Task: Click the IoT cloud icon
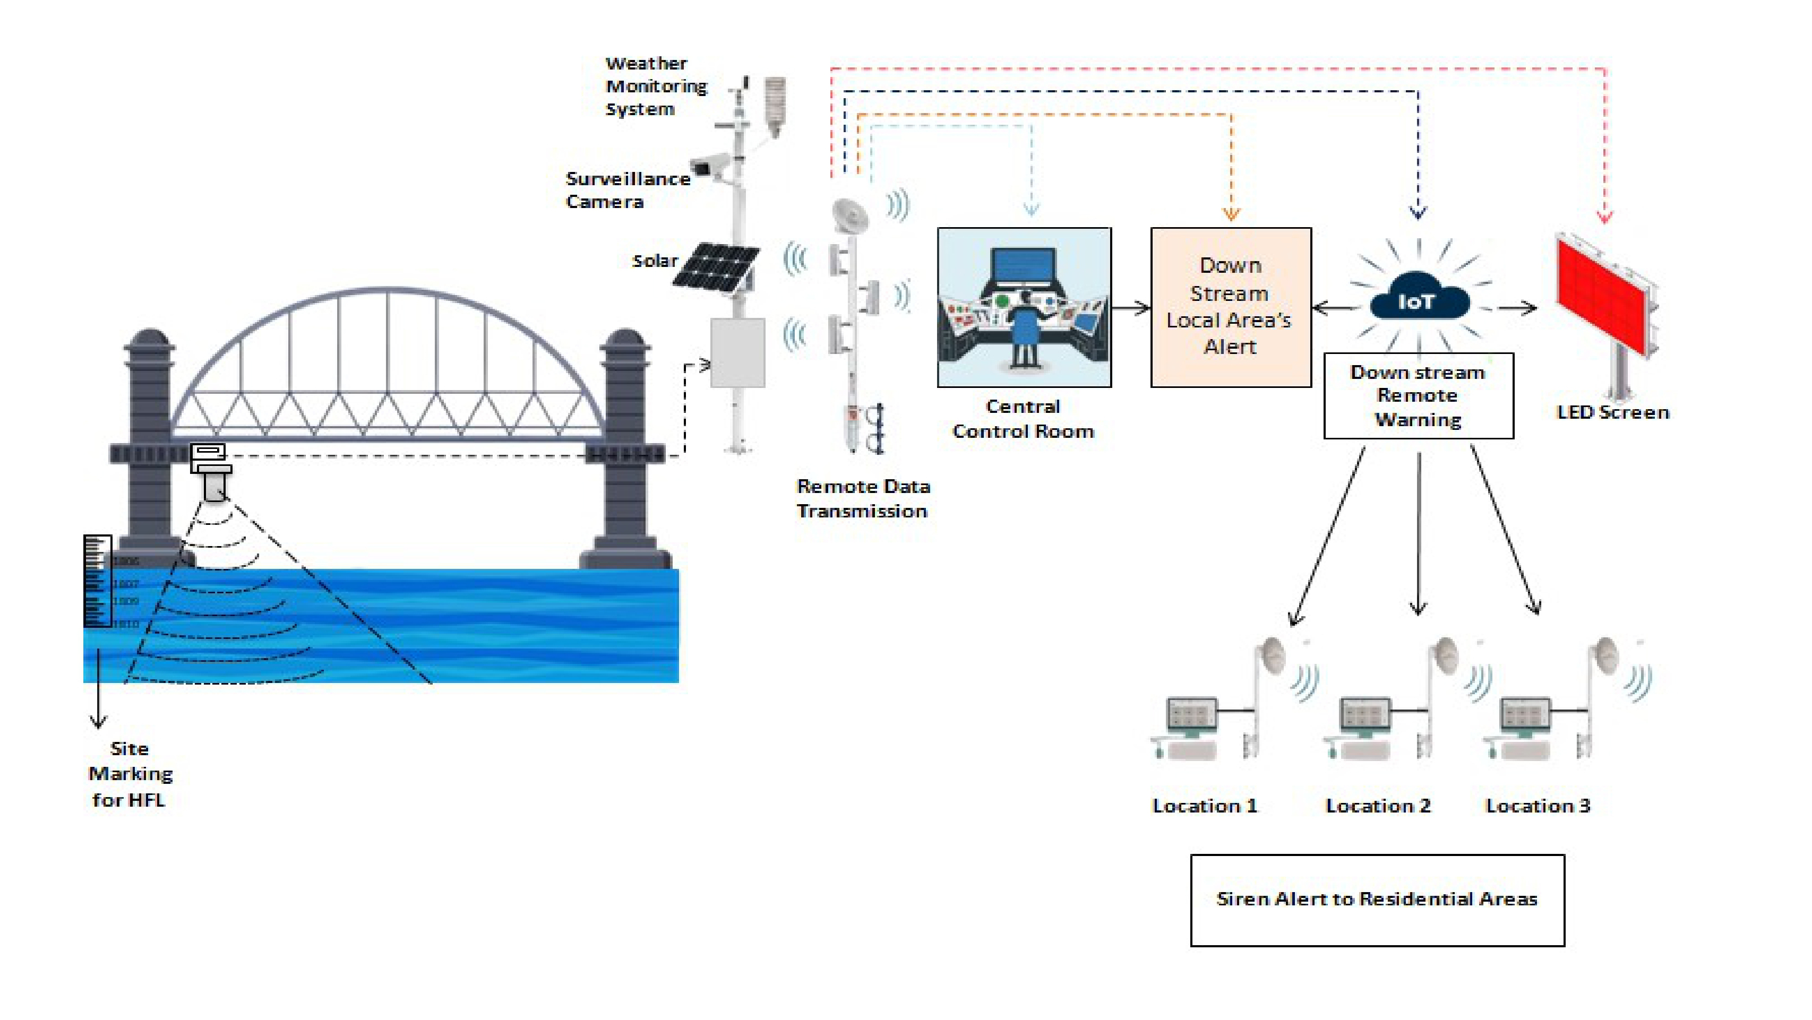[x=1418, y=300]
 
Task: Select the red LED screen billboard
[x=1604, y=295]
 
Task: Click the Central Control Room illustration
[x=1024, y=307]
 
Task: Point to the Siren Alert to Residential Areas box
[x=1377, y=900]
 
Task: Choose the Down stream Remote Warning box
[x=1418, y=396]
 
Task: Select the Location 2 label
[x=1377, y=806]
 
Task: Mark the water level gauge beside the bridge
[x=97, y=581]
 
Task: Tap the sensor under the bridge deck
[x=212, y=471]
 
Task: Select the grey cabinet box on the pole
[x=737, y=353]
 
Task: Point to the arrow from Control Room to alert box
[x=1131, y=308]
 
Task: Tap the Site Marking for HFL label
[x=130, y=774]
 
